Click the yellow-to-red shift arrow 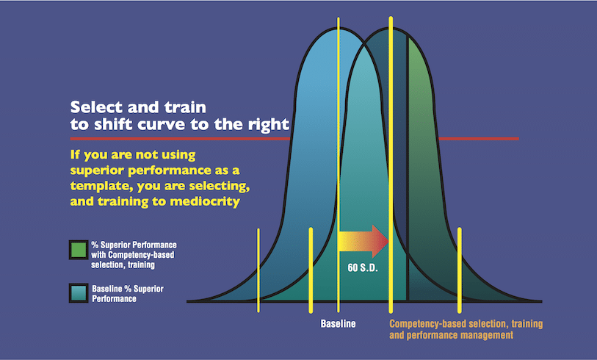point(363,242)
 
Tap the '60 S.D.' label point(363,268)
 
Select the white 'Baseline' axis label point(338,324)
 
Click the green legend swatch point(79,250)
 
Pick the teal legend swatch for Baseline point(79,293)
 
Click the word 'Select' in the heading point(97,107)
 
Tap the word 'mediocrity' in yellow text point(205,201)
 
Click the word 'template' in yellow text point(101,186)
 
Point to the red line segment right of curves point(479,139)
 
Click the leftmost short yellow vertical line point(258,270)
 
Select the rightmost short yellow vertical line point(460,270)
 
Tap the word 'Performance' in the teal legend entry point(115,299)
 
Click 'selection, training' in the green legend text point(123,264)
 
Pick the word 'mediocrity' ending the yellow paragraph point(205,201)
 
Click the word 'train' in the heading point(185,107)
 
